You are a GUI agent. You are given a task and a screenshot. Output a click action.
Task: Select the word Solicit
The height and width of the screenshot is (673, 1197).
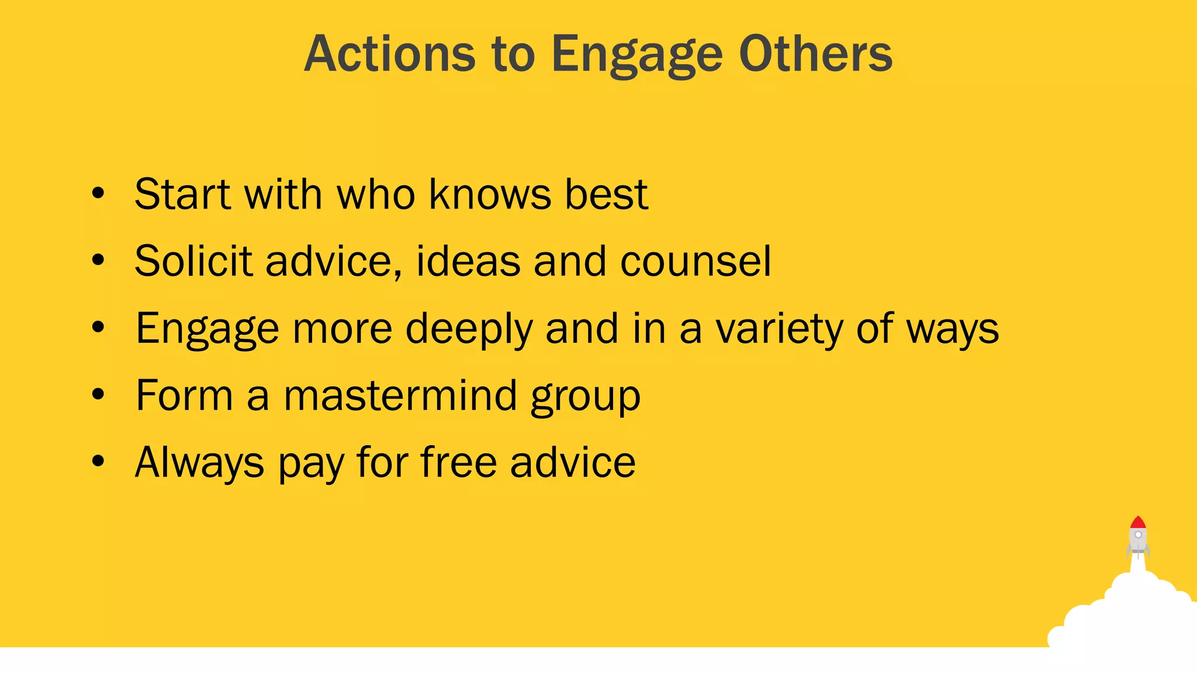(192, 261)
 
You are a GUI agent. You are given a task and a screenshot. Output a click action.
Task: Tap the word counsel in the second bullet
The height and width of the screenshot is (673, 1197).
(696, 261)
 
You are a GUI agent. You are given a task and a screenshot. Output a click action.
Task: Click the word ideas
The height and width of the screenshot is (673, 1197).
(468, 261)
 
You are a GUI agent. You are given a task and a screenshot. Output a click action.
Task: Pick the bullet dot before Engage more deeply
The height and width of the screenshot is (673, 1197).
(98, 328)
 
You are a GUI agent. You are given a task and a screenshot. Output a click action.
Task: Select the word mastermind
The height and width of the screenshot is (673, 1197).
(400, 396)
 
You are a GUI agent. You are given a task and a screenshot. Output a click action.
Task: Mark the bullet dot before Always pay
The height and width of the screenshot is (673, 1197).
(98, 462)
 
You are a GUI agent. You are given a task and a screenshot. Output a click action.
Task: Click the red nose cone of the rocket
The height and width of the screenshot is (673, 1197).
(1137, 522)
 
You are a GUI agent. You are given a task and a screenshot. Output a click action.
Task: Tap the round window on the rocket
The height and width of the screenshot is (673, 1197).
(1138, 535)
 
